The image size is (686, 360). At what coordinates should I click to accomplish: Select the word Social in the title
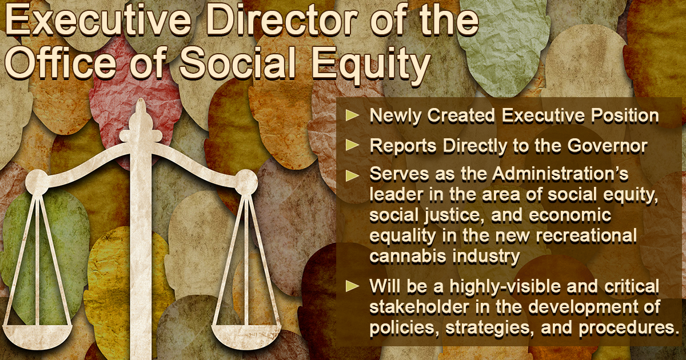[x=238, y=64]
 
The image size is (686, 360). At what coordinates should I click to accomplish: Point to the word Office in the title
[x=61, y=64]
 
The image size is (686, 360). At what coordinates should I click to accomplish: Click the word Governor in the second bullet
[x=607, y=146]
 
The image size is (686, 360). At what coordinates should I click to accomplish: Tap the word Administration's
[x=560, y=174]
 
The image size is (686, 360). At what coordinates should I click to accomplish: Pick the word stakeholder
[x=419, y=307]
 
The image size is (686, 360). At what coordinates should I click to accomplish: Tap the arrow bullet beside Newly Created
[x=352, y=115]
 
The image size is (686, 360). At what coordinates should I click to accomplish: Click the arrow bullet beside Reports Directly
[x=352, y=145]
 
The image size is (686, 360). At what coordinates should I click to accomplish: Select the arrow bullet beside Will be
[x=352, y=286]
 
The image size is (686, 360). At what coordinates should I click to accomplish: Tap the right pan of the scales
[x=246, y=337]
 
